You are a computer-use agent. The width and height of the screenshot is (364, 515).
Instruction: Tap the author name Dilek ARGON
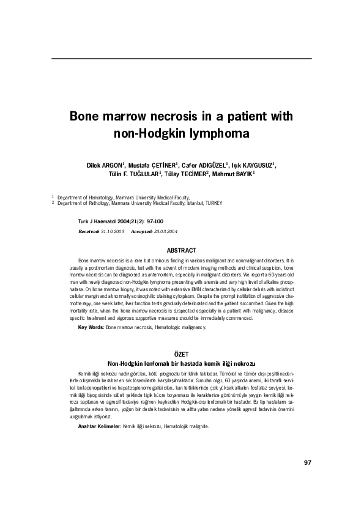point(106,165)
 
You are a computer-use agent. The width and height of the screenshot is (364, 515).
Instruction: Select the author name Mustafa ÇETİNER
point(152,165)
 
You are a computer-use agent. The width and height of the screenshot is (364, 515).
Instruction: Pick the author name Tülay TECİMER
point(186,174)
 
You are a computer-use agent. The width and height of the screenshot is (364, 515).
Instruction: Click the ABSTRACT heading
point(182,251)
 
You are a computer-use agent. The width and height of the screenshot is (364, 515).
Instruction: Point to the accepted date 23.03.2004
point(165,232)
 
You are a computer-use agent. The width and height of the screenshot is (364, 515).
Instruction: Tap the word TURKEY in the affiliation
point(214,202)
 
